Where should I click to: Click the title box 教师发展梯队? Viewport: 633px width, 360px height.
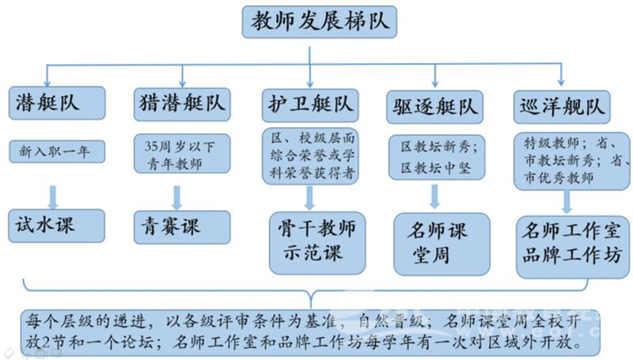point(320,22)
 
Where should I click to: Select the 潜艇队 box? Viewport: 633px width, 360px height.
point(57,103)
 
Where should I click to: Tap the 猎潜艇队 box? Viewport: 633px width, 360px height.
point(182,104)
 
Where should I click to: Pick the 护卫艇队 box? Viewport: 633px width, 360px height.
point(310,105)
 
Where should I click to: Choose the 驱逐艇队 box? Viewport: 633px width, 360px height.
point(434,107)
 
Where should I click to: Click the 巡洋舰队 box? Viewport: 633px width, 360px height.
point(562,107)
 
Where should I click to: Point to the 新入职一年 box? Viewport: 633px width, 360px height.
point(57,152)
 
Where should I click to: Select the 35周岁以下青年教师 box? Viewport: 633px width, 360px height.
point(182,153)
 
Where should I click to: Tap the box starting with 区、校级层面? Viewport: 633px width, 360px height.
point(310,156)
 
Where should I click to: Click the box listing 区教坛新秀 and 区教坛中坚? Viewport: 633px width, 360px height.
point(437,157)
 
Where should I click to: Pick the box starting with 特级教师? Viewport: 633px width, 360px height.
point(571,161)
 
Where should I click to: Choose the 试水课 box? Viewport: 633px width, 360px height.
point(56,225)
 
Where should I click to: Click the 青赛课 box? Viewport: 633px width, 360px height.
point(182,227)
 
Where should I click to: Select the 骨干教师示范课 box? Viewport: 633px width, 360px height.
point(317,243)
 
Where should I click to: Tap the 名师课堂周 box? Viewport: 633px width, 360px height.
point(442,244)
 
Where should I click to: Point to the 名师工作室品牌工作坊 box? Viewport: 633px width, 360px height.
point(572,247)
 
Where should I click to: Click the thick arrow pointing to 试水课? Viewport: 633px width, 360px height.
point(53,197)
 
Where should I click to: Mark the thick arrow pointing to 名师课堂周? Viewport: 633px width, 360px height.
point(434,196)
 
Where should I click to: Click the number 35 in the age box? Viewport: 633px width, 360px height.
point(151,146)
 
